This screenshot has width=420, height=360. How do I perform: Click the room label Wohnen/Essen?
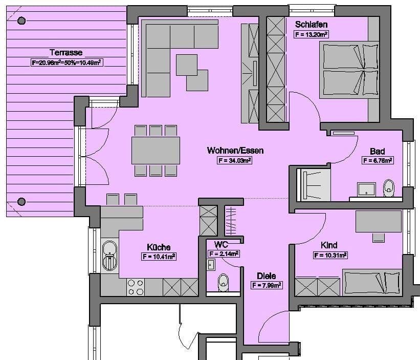tap(235, 151)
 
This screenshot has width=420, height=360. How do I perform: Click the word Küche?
tap(159, 247)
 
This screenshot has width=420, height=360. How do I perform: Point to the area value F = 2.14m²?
tap(224, 253)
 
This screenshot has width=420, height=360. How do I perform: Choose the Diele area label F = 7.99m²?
tap(267, 285)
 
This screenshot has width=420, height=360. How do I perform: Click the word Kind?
tap(329, 245)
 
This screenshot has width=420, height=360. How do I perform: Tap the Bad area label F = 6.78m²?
tap(378, 161)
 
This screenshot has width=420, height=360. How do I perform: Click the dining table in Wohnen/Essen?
tap(156, 151)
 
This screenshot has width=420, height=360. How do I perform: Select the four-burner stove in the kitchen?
tap(135, 287)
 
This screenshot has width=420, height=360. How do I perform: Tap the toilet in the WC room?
tap(224, 282)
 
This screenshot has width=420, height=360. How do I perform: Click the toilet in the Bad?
tap(389, 187)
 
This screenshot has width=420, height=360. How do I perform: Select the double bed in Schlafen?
tap(348, 70)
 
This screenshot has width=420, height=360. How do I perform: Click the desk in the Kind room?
tap(378, 221)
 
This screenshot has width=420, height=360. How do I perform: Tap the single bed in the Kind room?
tap(371, 283)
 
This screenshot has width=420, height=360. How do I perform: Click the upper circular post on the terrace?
tap(21, 20)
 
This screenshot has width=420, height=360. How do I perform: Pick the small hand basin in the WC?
tap(210, 264)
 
